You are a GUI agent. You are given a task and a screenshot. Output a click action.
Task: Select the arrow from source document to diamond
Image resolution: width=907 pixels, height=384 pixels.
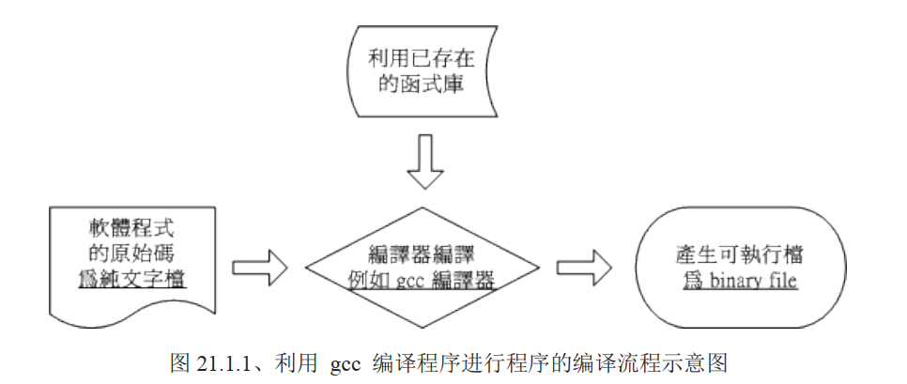point(256,266)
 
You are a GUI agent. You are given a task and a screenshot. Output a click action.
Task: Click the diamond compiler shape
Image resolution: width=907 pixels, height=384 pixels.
point(419,266)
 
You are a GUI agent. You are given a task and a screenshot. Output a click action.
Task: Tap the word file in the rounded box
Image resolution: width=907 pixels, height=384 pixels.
point(784,280)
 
